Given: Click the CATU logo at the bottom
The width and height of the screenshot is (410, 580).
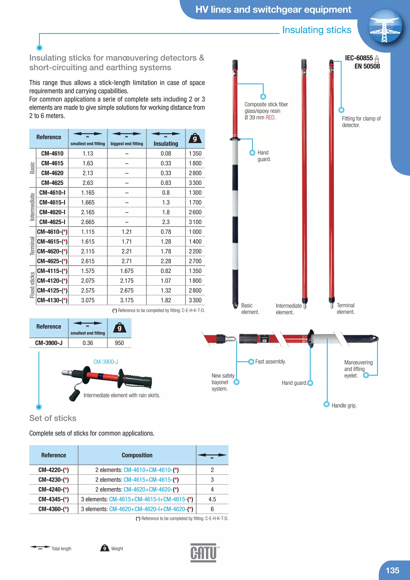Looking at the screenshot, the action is tap(203, 553).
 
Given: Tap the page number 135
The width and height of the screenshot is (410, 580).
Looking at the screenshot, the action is tap(392, 570).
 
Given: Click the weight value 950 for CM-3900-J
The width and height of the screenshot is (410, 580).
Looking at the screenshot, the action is tap(119, 343).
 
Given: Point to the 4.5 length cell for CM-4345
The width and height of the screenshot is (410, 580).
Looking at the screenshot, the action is tap(212, 499).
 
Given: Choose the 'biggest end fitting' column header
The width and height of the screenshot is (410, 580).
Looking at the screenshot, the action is tap(127, 143).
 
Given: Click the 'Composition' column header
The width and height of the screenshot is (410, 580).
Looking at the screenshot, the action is tap(137, 455).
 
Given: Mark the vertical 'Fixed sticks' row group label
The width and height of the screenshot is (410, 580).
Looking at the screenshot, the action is tap(32, 285).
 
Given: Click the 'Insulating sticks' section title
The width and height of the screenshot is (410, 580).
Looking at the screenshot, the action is tap(317, 30).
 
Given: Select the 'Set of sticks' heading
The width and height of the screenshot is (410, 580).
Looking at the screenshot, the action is tap(53, 418).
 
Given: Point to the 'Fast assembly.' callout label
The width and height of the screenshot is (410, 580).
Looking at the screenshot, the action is tap(270, 361).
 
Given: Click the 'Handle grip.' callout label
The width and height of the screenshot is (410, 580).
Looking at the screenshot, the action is tap(344, 405).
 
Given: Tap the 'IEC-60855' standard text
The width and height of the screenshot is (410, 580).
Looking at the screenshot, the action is tap(359, 58).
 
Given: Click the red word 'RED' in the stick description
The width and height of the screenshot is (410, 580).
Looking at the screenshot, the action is tap(270, 118).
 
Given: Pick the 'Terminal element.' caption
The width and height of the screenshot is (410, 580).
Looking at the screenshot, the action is tap(346, 308).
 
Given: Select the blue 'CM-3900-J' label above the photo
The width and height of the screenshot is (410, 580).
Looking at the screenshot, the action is tap(106, 362).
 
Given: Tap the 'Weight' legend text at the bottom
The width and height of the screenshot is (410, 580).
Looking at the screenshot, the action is tap(117, 548).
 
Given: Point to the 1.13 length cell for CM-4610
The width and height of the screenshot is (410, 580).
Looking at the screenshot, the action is tap(88, 153).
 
